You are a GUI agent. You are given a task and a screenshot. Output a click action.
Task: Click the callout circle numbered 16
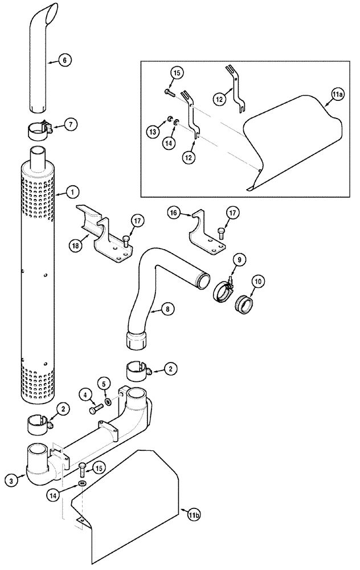174,213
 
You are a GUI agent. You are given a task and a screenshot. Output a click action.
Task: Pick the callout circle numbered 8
166,308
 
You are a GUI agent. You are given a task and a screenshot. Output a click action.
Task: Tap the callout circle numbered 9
240,260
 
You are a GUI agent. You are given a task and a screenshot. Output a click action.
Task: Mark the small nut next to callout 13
170,120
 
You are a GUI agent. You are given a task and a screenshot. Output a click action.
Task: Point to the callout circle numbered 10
259,281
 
